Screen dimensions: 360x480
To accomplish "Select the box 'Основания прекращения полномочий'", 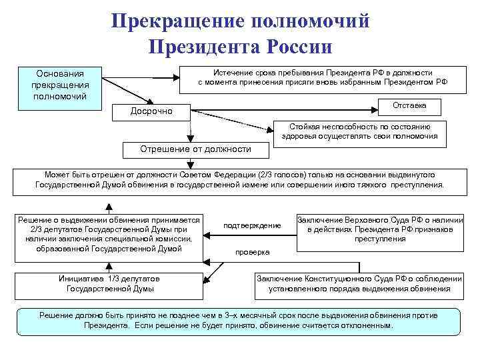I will (59, 85).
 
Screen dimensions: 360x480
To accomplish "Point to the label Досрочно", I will (151, 111).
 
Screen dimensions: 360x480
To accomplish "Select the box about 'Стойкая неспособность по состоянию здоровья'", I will (359, 131).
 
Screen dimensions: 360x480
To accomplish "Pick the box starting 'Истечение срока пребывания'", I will (323, 77).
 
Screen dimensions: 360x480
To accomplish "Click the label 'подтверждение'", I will (252, 225).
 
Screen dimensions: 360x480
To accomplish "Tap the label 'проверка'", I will (252, 252).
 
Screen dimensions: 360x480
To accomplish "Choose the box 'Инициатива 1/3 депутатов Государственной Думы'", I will (110, 283).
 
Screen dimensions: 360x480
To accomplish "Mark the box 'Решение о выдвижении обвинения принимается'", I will (109, 234).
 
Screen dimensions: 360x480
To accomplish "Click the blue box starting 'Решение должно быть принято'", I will (238, 321).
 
